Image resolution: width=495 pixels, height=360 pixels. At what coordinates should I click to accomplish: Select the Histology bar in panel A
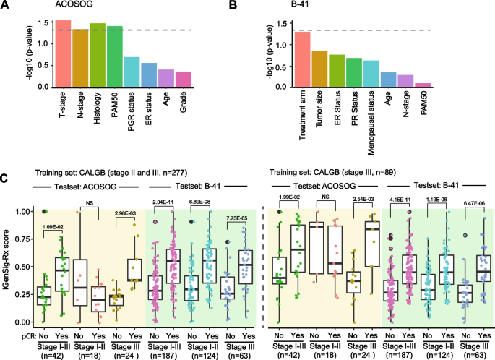pos(98,56)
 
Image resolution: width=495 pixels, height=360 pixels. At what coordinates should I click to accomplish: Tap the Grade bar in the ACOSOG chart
pos(184,80)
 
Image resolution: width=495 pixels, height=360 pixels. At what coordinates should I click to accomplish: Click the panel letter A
pos(6,7)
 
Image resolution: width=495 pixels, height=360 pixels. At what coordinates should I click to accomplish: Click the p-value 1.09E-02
pos(54,227)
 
